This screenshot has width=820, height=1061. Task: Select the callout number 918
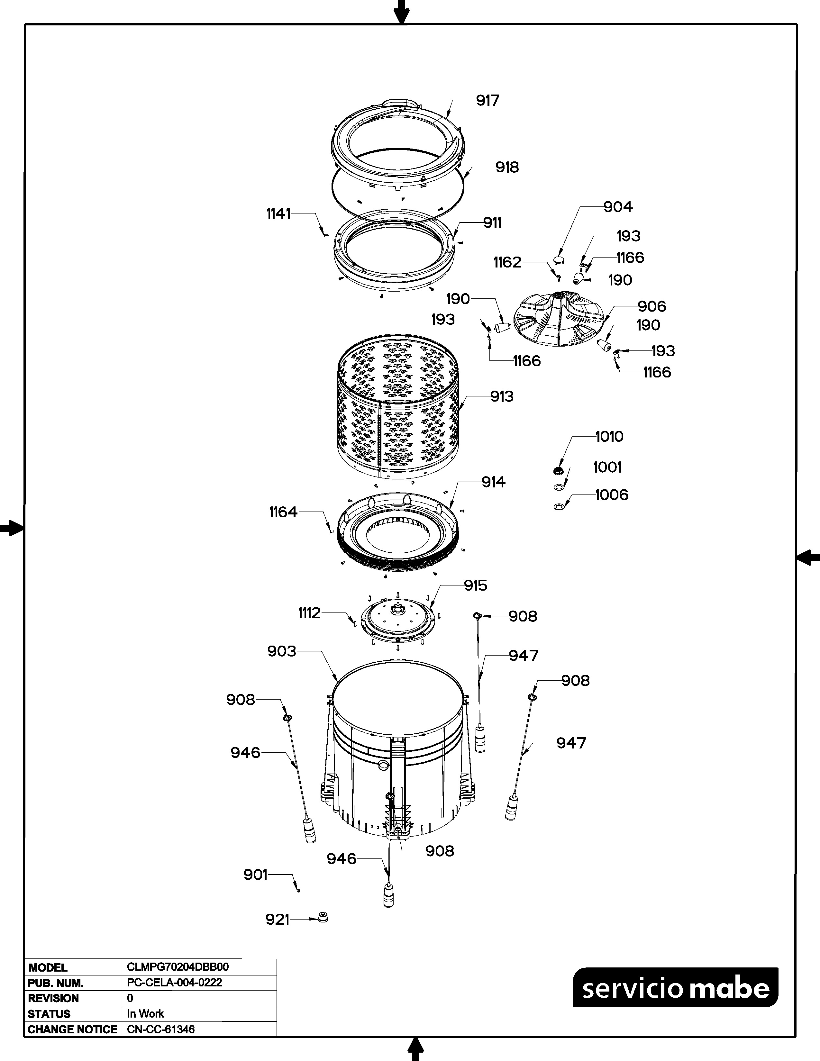click(507, 167)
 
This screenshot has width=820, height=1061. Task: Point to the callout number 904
click(618, 207)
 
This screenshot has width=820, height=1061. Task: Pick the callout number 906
click(651, 306)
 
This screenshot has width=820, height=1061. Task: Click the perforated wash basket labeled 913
click(398, 407)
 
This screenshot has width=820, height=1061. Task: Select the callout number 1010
click(609, 436)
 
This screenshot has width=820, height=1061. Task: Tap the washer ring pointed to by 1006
click(560, 507)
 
